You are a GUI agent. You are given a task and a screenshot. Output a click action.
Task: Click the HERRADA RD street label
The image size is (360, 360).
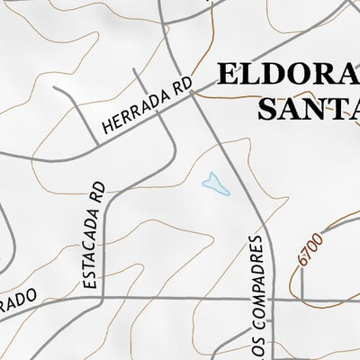tap(148, 105)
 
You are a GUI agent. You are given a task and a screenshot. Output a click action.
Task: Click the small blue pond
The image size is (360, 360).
tap(214, 184)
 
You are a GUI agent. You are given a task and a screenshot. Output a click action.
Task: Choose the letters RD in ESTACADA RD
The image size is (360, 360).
tap(97, 192)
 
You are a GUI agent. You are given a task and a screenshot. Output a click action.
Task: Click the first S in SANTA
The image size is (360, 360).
tap(268, 108)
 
